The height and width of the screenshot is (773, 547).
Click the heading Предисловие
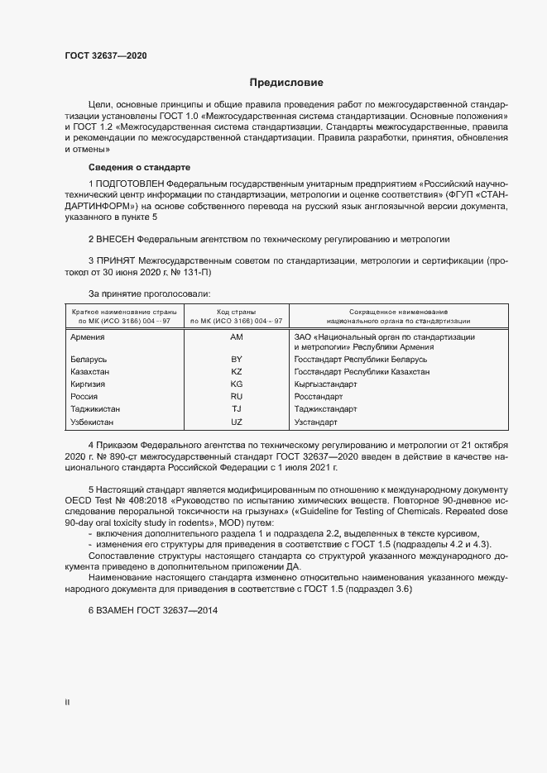[x=286, y=83]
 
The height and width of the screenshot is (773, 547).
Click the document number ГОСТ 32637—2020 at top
[x=106, y=56]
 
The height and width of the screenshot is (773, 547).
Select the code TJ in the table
[x=237, y=409]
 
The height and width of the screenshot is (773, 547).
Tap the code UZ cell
[x=237, y=422]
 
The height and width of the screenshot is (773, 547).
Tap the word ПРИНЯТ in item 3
[x=116, y=260]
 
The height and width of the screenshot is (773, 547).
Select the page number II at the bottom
[x=67, y=704]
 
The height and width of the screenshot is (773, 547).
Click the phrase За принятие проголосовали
[x=149, y=294]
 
